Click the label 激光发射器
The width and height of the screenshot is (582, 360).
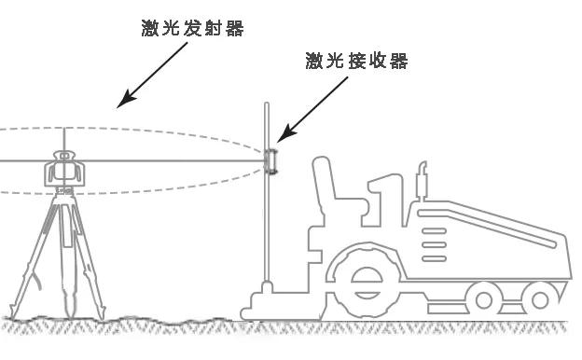click(x=187, y=29)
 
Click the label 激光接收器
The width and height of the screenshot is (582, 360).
click(x=357, y=62)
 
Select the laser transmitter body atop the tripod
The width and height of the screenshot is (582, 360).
click(x=63, y=170)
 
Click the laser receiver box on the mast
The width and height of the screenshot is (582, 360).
click(x=272, y=160)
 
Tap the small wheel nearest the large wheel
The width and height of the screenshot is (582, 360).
click(x=481, y=298)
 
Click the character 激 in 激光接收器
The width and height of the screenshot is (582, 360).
click(x=315, y=62)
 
